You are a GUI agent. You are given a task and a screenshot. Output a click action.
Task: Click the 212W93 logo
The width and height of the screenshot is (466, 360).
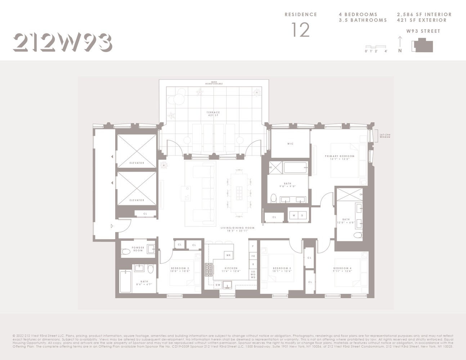coord(62,42)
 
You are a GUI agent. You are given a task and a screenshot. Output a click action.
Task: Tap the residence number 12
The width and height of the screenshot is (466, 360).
coord(300,30)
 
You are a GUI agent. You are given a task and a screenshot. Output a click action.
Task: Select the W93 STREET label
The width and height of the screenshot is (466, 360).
coord(423,31)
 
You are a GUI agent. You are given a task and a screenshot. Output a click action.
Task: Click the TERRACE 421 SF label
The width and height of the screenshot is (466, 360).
coord(213,114)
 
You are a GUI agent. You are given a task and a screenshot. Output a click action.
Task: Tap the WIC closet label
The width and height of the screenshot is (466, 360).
coord(290,144)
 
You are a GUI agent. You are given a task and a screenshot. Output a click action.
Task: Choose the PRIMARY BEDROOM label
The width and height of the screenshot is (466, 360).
coord(340,157)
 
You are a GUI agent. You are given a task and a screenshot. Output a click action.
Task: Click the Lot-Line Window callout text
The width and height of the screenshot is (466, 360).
coord(385,136)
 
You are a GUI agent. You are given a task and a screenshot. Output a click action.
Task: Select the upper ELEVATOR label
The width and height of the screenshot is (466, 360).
coord(136,163)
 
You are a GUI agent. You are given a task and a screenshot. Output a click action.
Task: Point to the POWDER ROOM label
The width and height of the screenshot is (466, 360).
coord(138,249)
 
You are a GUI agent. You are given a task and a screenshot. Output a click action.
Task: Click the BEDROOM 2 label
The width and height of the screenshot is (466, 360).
coord(180,270)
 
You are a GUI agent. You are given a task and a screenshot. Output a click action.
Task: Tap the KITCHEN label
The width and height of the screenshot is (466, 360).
coord(231,270)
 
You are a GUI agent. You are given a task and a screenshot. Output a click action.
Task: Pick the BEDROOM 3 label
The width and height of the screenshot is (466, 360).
coord(282,270)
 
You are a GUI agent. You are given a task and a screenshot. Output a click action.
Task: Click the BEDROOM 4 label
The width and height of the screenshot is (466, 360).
coord(342,270)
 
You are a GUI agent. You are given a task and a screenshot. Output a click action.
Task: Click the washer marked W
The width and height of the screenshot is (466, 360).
coord(294,216)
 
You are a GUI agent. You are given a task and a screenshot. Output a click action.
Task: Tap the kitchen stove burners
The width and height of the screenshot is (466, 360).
coord(209,270)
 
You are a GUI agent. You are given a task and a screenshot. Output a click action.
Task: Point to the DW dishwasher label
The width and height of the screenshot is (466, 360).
coord(218,285)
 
